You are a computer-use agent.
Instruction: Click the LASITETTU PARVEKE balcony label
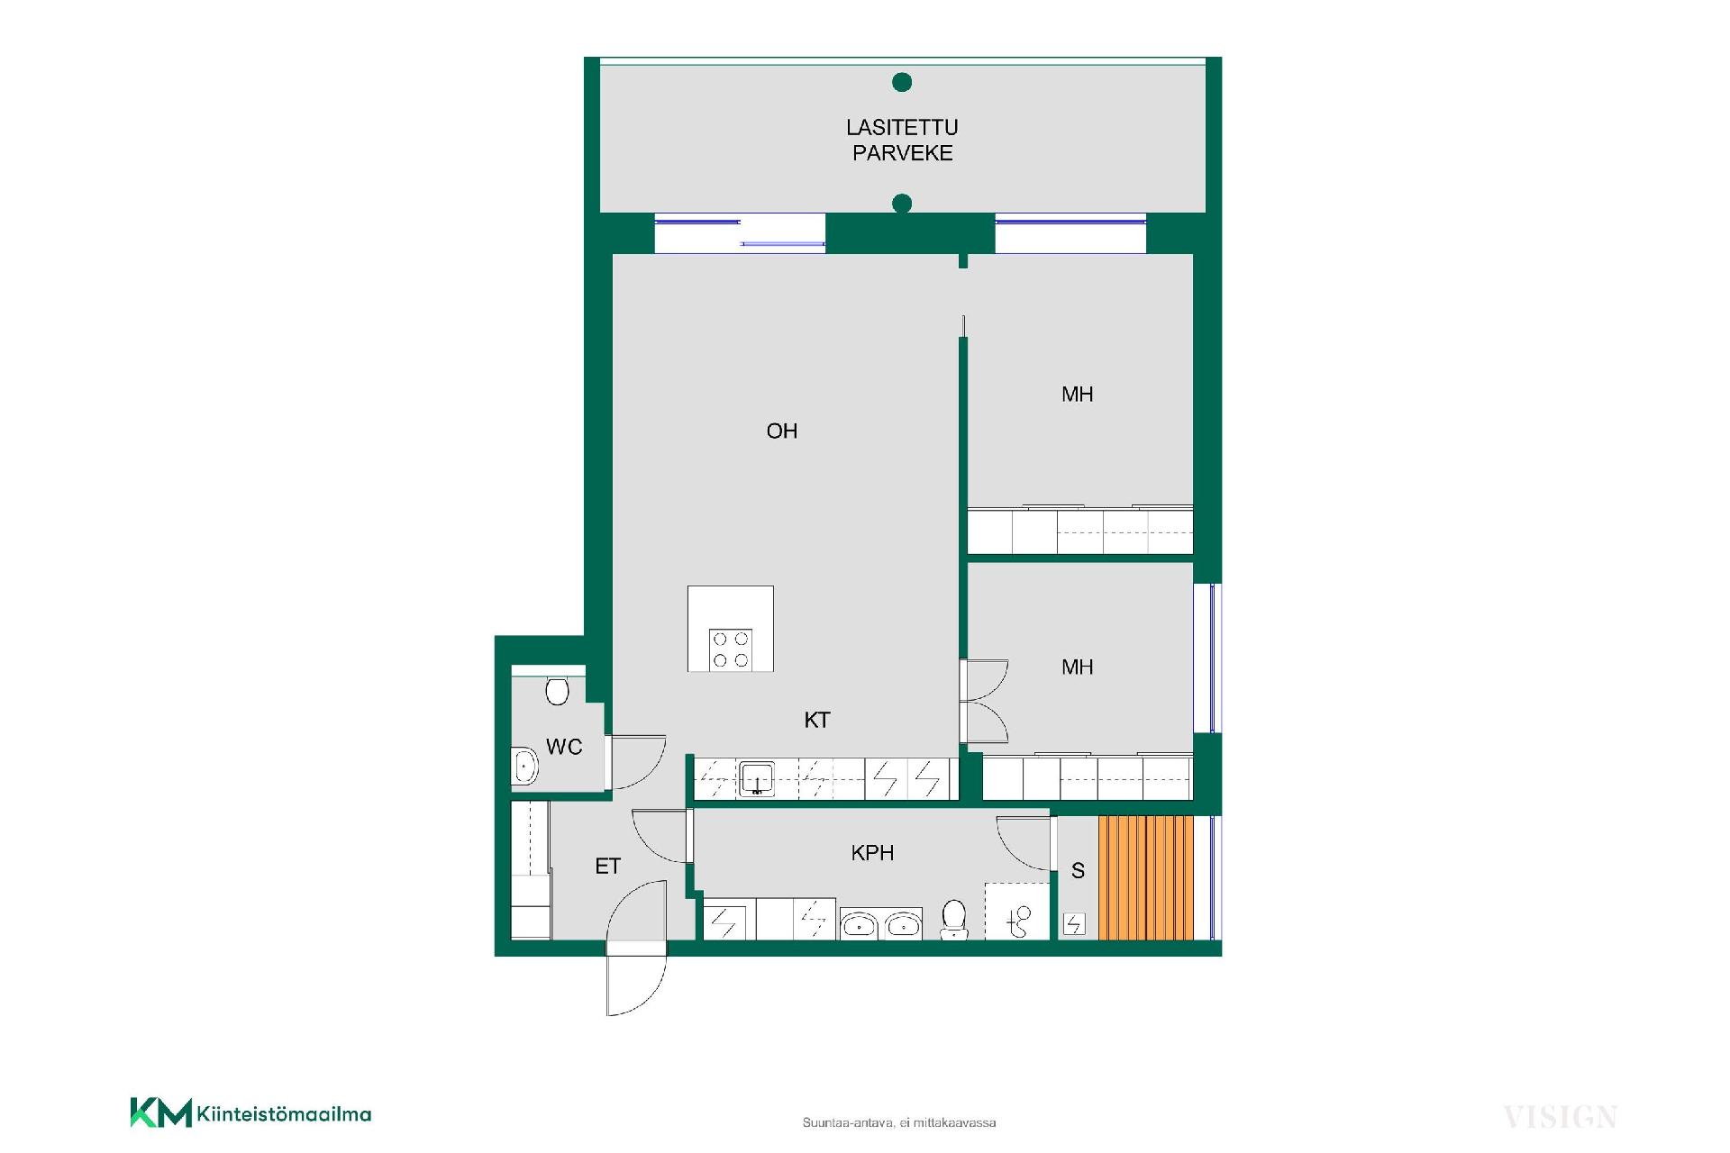click(902, 141)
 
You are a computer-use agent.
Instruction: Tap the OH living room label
click(782, 431)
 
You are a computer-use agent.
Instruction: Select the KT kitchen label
click(817, 720)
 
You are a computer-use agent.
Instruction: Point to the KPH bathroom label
click(872, 852)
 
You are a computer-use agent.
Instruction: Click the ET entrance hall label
click(608, 867)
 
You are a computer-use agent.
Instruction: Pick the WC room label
click(564, 747)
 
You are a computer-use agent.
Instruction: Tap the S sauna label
click(1078, 871)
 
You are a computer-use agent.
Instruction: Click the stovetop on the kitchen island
click(731, 649)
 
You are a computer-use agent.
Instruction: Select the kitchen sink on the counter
click(757, 779)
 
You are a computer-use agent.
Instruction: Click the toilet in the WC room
click(558, 691)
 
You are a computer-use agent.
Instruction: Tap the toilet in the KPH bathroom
click(954, 920)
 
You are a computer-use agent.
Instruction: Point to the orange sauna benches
click(1146, 877)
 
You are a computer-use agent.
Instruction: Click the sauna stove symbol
click(1074, 924)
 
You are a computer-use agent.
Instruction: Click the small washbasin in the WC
click(524, 767)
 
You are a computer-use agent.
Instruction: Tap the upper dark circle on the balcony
click(902, 83)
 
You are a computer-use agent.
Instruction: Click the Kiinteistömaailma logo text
click(283, 1114)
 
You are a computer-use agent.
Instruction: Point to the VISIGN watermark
click(1560, 1117)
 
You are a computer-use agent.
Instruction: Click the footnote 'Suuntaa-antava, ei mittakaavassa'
click(899, 1123)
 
